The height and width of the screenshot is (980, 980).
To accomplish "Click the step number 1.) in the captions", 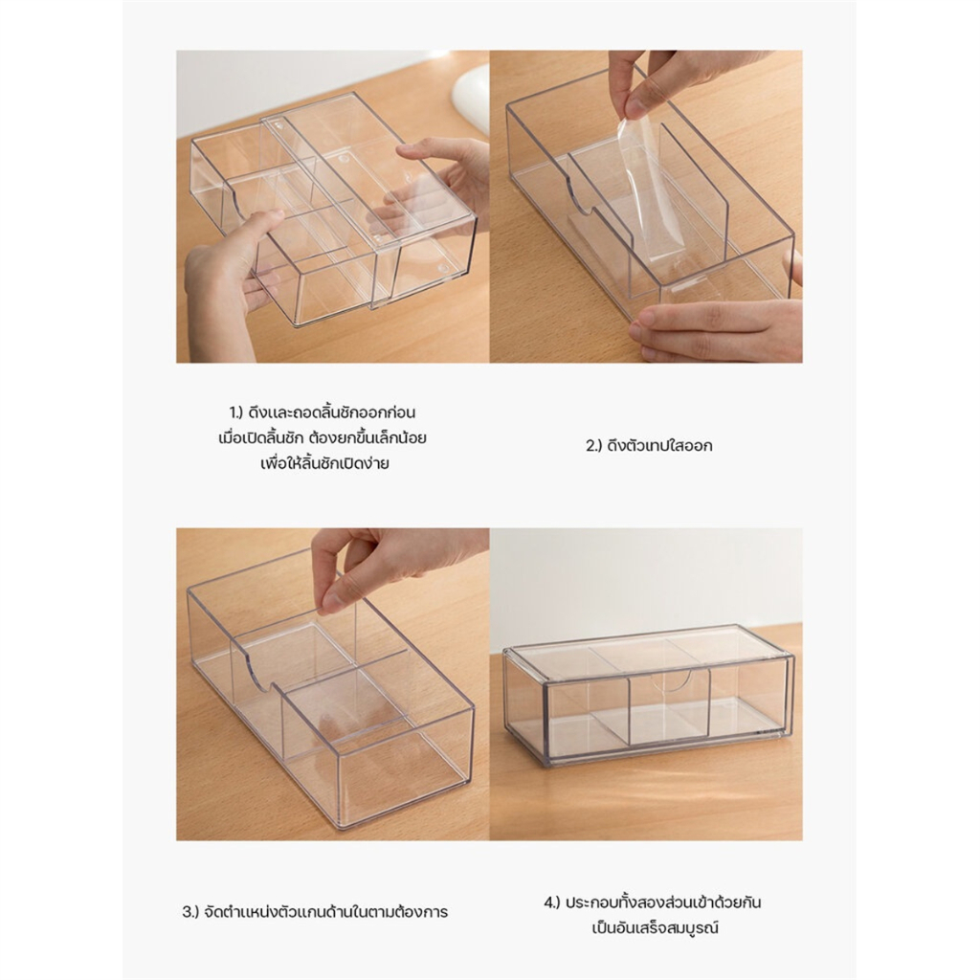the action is (x=235, y=413).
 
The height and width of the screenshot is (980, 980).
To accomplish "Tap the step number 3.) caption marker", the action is (x=190, y=912).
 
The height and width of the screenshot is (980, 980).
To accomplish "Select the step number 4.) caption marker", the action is (x=552, y=903).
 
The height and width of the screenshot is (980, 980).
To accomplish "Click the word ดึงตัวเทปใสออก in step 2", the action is (x=659, y=446).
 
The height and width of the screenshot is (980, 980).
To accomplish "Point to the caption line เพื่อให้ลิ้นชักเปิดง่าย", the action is (x=324, y=464).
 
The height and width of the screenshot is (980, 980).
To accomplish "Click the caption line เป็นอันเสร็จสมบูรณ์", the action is (x=655, y=928).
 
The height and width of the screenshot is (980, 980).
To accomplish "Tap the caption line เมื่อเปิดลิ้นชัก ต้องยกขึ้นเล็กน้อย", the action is (x=323, y=438).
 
